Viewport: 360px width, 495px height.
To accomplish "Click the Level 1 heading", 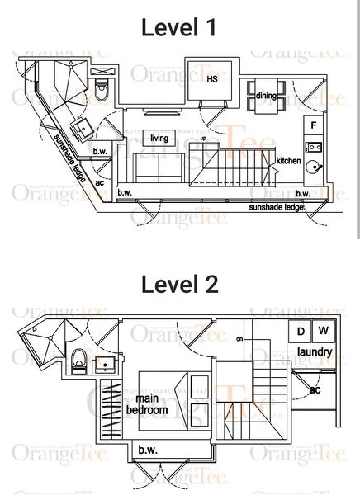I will click(179, 28).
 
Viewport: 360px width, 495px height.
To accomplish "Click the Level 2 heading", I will click(179, 285).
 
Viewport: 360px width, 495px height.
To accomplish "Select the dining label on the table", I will click(266, 97).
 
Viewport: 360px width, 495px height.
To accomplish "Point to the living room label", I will click(159, 138).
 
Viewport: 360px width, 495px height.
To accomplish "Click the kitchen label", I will click(287, 160).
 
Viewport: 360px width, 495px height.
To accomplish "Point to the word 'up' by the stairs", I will click(203, 138).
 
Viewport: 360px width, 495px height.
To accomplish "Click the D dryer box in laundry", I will click(301, 332).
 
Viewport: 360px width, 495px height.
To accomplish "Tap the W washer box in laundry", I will click(323, 332).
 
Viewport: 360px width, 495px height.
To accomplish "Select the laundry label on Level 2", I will click(315, 353).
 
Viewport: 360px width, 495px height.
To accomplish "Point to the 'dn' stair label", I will click(239, 339).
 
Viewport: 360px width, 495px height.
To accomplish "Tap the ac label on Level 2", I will click(315, 389).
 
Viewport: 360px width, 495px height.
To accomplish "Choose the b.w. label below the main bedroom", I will click(149, 450).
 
